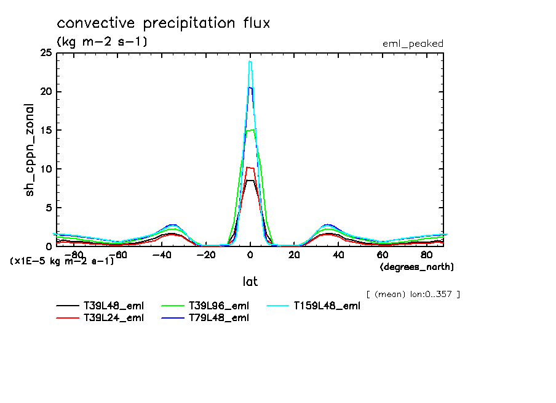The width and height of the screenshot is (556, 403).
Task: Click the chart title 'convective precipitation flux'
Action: [164, 24]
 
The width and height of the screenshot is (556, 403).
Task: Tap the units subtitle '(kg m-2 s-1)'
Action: [102, 43]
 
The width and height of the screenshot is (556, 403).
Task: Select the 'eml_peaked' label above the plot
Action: [413, 44]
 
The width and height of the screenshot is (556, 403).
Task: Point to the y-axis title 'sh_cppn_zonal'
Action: [30, 150]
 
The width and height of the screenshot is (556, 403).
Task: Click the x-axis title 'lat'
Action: [250, 282]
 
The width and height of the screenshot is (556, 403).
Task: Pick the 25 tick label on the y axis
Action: [46, 54]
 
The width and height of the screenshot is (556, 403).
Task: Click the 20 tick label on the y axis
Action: [46, 92]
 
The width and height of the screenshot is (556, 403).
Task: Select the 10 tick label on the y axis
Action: [46, 169]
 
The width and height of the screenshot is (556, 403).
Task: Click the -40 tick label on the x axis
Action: [161, 254]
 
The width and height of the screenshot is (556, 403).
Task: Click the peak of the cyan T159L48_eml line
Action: [250, 62]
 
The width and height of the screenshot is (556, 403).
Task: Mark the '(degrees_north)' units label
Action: [417, 267]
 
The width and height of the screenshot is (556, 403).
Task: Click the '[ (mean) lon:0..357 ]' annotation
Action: [413, 294]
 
